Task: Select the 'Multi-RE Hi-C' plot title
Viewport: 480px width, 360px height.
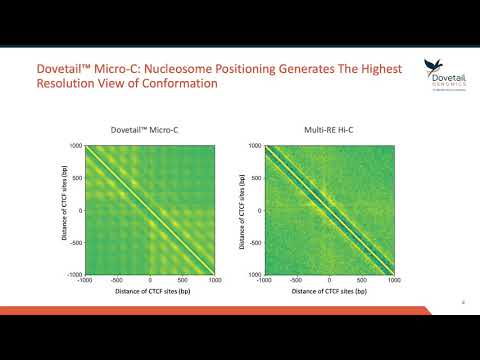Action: pos(329,129)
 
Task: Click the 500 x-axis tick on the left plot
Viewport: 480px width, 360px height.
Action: pos(182,281)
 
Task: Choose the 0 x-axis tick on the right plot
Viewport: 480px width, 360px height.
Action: pos(329,281)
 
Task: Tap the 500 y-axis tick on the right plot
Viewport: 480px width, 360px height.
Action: pos(256,178)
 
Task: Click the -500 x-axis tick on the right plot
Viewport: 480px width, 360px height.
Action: pos(297,281)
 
